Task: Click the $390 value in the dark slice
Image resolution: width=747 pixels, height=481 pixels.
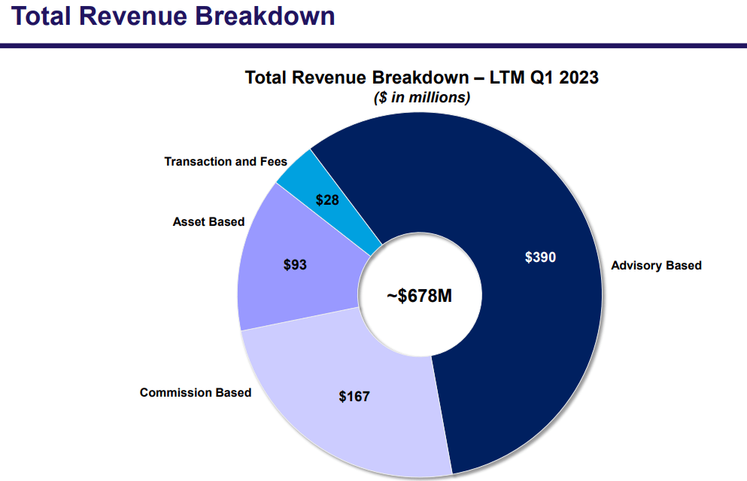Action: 540,257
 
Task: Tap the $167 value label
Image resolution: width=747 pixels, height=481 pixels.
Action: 354,396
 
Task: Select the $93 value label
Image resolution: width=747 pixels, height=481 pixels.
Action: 295,265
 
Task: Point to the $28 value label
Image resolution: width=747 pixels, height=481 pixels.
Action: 327,199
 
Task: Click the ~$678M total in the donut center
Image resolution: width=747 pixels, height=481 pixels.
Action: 420,296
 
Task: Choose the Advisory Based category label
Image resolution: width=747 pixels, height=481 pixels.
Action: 656,265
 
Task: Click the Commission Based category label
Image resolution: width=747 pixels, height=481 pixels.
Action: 196,392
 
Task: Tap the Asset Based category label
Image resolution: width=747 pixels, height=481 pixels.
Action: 208,221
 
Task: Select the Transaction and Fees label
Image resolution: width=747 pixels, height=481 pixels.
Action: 226,161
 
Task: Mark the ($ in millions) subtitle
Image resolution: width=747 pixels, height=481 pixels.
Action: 422,97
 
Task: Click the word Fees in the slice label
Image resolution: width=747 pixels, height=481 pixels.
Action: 273,161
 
